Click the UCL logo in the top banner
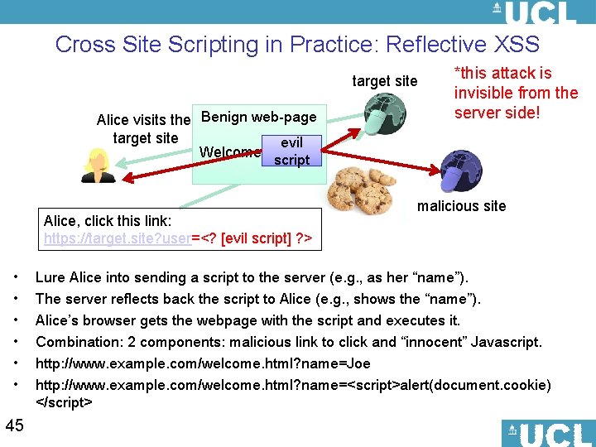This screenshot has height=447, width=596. (x=534, y=12)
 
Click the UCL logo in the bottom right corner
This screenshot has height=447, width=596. (x=548, y=433)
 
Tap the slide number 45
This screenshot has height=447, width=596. (x=14, y=425)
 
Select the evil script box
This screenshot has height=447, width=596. (x=291, y=151)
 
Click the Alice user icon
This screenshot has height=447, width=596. (x=99, y=166)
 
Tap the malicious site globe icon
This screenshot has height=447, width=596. (x=459, y=172)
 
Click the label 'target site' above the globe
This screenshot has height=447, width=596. (x=385, y=81)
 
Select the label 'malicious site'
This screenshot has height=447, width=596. (x=461, y=206)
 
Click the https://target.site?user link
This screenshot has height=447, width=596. (x=118, y=239)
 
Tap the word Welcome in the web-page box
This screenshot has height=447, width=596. (x=230, y=152)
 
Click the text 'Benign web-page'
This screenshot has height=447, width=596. (x=258, y=117)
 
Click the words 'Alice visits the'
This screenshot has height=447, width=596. (x=142, y=121)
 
